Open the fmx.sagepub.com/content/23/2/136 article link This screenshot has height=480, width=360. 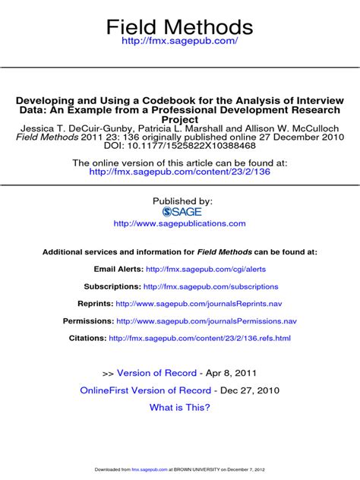pyautogui.click(x=179, y=172)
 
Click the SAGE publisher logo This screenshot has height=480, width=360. pyautogui.click(x=179, y=212)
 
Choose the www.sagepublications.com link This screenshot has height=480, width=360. pyautogui.click(x=179, y=224)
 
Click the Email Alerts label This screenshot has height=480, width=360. pyautogui.click(x=117, y=269)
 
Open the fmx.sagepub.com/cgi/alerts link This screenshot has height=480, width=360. pyautogui.click(x=206, y=269)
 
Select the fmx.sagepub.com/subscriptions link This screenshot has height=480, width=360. pyautogui.click(x=210, y=286)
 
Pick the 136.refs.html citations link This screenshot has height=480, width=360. pyautogui.click(x=200, y=338)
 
